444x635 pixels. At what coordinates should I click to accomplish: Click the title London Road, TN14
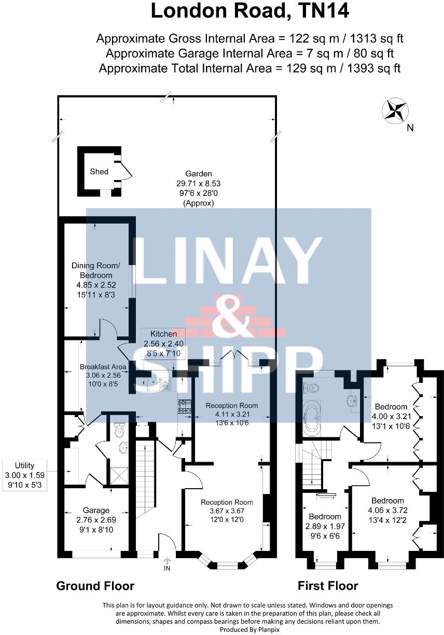click(x=249, y=11)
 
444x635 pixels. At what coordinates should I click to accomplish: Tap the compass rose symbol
click(x=395, y=111)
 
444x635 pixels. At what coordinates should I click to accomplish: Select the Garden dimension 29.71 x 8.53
click(x=199, y=184)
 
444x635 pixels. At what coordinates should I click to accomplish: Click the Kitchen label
click(x=164, y=334)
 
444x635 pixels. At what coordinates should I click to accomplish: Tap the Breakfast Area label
click(x=103, y=366)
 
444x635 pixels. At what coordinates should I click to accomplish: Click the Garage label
click(x=96, y=510)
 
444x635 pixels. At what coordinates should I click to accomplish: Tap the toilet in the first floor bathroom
click(x=311, y=387)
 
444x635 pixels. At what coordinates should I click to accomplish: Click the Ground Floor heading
click(x=95, y=586)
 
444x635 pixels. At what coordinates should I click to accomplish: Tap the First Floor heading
click(x=328, y=586)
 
